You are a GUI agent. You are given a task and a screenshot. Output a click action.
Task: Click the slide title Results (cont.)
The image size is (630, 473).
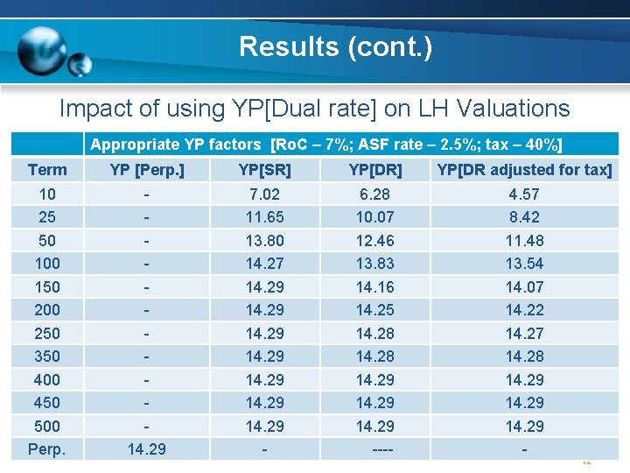click(335, 46)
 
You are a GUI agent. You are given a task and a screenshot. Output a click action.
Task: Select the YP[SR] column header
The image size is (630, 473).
click(264, 169)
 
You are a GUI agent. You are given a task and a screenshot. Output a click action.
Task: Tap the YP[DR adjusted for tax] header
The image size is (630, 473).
click(524, 169)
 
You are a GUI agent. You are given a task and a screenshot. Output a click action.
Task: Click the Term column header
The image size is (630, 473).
click(47, 169)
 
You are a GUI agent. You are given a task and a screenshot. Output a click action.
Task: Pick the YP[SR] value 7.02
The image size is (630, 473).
click(264, 194)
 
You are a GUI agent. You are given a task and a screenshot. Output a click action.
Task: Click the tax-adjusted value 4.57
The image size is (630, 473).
click(524, 194)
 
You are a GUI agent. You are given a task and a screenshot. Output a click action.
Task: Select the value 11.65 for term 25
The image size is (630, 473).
click(264, 216)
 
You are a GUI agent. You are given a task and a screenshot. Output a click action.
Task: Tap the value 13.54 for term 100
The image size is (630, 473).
click(524, 263)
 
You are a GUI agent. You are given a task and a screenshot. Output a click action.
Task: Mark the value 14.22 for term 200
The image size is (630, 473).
click(524, 309)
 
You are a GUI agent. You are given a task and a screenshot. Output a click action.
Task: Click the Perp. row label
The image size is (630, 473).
click(47, 449)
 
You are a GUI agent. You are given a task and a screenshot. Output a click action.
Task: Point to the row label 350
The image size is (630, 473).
click(47, 356)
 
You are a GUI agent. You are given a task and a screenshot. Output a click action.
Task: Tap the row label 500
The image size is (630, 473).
click(47, 426)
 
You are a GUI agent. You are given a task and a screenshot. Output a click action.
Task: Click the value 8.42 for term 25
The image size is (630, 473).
click(524, 216)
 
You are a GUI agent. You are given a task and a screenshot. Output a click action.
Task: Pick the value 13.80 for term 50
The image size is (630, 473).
click(264, 240)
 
